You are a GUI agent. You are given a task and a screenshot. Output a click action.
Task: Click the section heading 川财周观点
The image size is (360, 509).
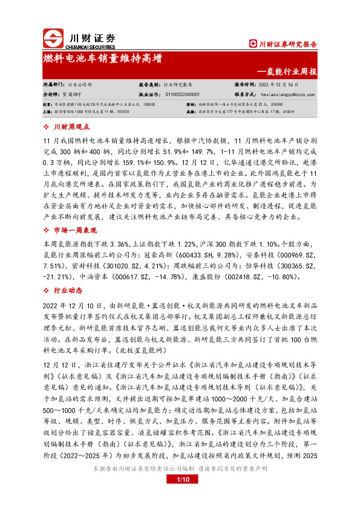(x=72, y=128)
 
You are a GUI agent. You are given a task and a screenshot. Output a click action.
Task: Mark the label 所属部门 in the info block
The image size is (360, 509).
(x=53, y=85)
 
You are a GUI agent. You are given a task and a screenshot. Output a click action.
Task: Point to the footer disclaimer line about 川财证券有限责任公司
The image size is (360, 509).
(x=180, y=485)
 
